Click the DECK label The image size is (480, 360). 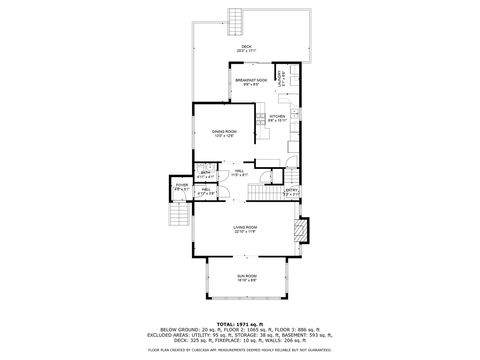tap(240, 46)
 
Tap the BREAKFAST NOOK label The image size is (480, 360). tap(251, 79)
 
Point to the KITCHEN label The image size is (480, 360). tap(277, 116)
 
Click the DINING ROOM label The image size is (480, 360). tap(224, 131)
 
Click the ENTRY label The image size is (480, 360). tap(291, 190)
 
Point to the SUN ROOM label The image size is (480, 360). tap(246, 276)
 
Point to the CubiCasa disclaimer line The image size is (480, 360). tap(240, 350)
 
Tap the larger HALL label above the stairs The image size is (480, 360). tap(239, 172)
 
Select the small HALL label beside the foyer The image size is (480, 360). tap(205, 189)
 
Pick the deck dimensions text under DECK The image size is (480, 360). tap(240, 51)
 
